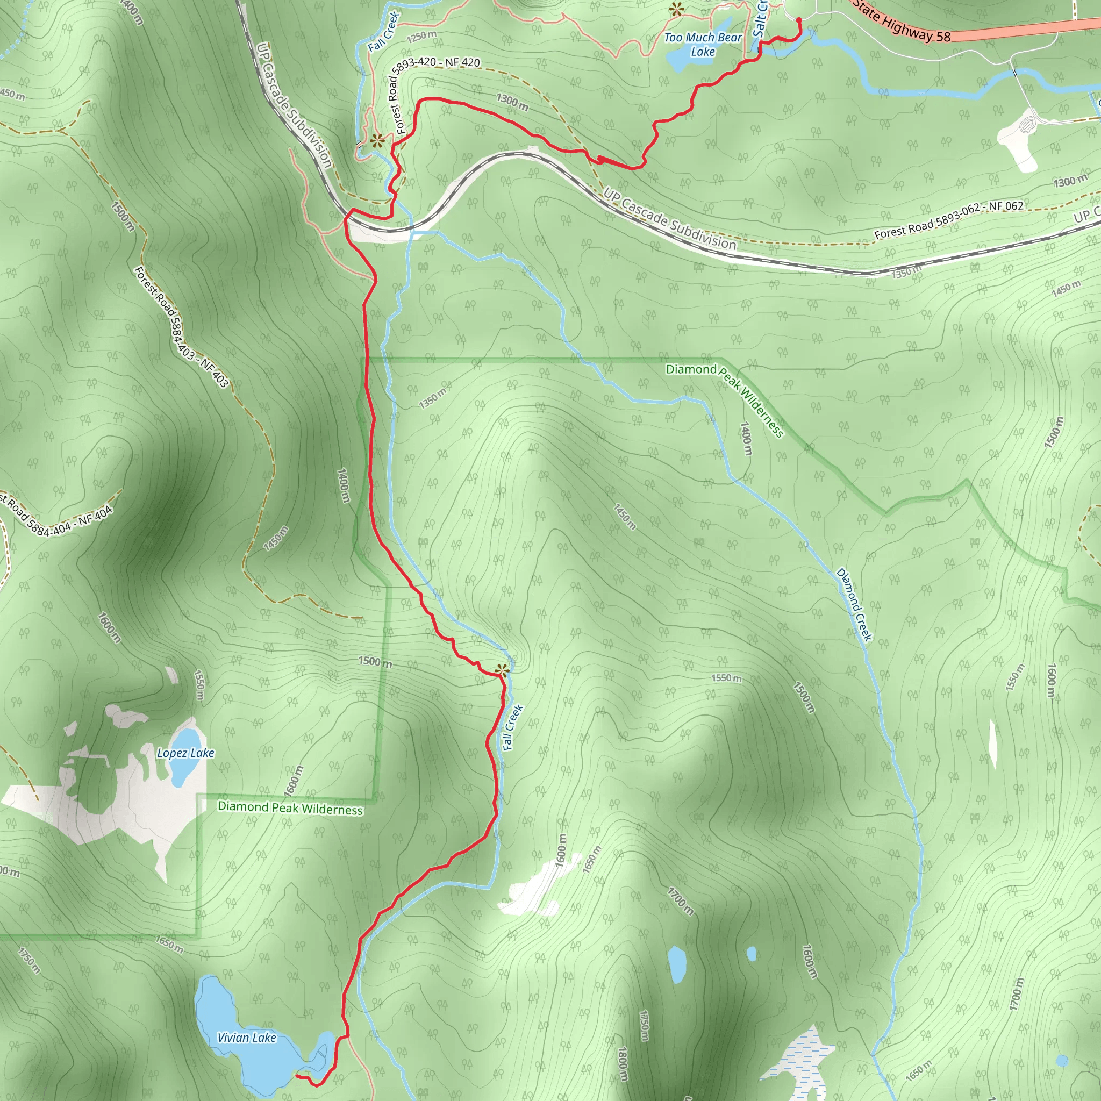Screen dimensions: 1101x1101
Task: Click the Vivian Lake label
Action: point(246,1038)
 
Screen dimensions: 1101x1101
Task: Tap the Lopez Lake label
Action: point(186,753)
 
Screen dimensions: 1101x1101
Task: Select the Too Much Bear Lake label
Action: point(703,45)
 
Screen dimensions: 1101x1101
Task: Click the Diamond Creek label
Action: point(854,604)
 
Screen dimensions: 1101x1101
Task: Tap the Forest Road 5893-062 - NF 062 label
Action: point(949,219)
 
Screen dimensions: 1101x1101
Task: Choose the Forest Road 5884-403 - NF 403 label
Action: point(181,328)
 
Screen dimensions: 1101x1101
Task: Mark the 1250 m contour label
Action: point(421,37)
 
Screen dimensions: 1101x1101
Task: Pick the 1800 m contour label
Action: point(623,1063)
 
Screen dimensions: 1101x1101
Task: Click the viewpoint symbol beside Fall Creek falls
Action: point(502,671)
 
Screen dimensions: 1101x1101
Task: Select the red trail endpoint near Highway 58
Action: point(798,20)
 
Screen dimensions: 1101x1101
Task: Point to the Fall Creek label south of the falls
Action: point(512,728)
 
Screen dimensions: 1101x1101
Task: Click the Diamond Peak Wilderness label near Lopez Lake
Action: point(290,808)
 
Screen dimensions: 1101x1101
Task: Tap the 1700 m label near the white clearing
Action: point(680,900)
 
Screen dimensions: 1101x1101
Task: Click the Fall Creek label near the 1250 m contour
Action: point(383,31)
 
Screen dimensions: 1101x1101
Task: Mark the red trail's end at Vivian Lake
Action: point(296,1076)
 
